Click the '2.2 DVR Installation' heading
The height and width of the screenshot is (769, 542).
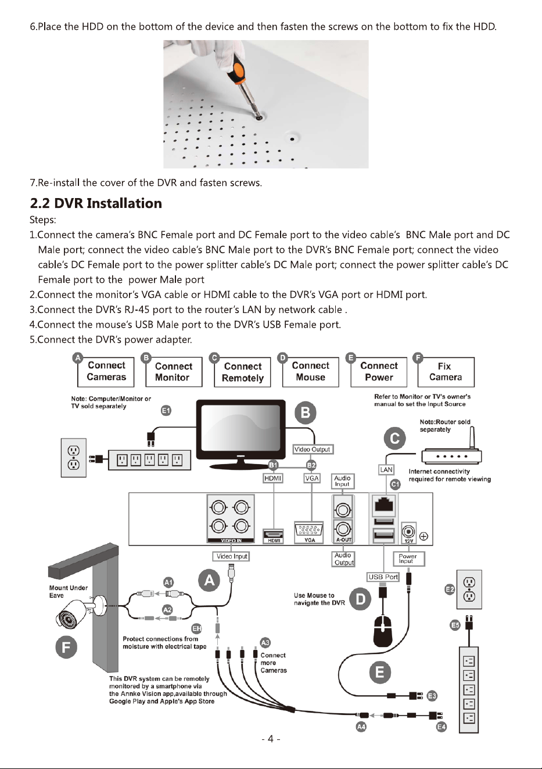point(96,203)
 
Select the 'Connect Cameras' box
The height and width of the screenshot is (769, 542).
point(106,372)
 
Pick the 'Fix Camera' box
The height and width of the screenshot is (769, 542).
point(446,372)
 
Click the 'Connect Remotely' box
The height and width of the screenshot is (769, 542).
point(242,372)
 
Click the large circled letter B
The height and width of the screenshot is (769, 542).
point(306,412)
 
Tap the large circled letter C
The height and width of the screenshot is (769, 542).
point(395,439)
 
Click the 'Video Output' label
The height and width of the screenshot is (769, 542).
point(313,450)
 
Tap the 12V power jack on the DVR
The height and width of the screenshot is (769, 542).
point(408,532)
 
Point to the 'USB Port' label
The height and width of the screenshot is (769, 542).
point(383,577)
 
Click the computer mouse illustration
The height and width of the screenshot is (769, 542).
point(382,631)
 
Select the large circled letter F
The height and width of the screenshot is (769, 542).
point(66,647)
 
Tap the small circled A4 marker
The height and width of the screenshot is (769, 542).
point(361,727)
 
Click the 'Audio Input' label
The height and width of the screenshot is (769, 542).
point(342,481)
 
